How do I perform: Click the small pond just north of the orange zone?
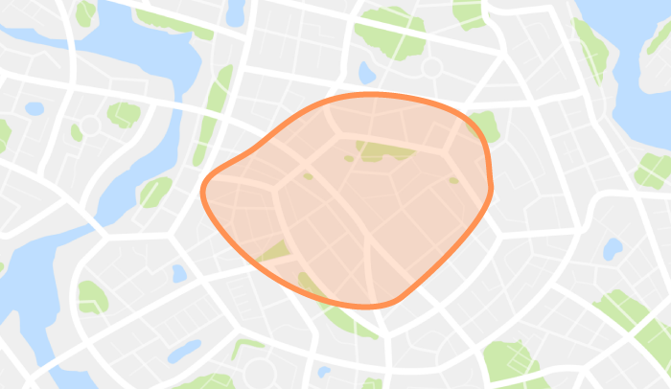click(x=366, y=72)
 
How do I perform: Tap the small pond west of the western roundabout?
click(x=35, y=108)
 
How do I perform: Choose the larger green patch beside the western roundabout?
click(x=123, y=114)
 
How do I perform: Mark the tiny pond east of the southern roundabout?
click(x=323, y=372)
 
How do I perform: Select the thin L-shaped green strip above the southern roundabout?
click(x=247, y=347)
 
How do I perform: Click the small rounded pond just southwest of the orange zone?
click(x=178, y=273)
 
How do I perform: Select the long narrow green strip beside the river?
click(x=213, y=115)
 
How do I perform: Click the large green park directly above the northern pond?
click(x=388, y=32)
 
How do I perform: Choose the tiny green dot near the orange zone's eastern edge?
click(x=453, y=179)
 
